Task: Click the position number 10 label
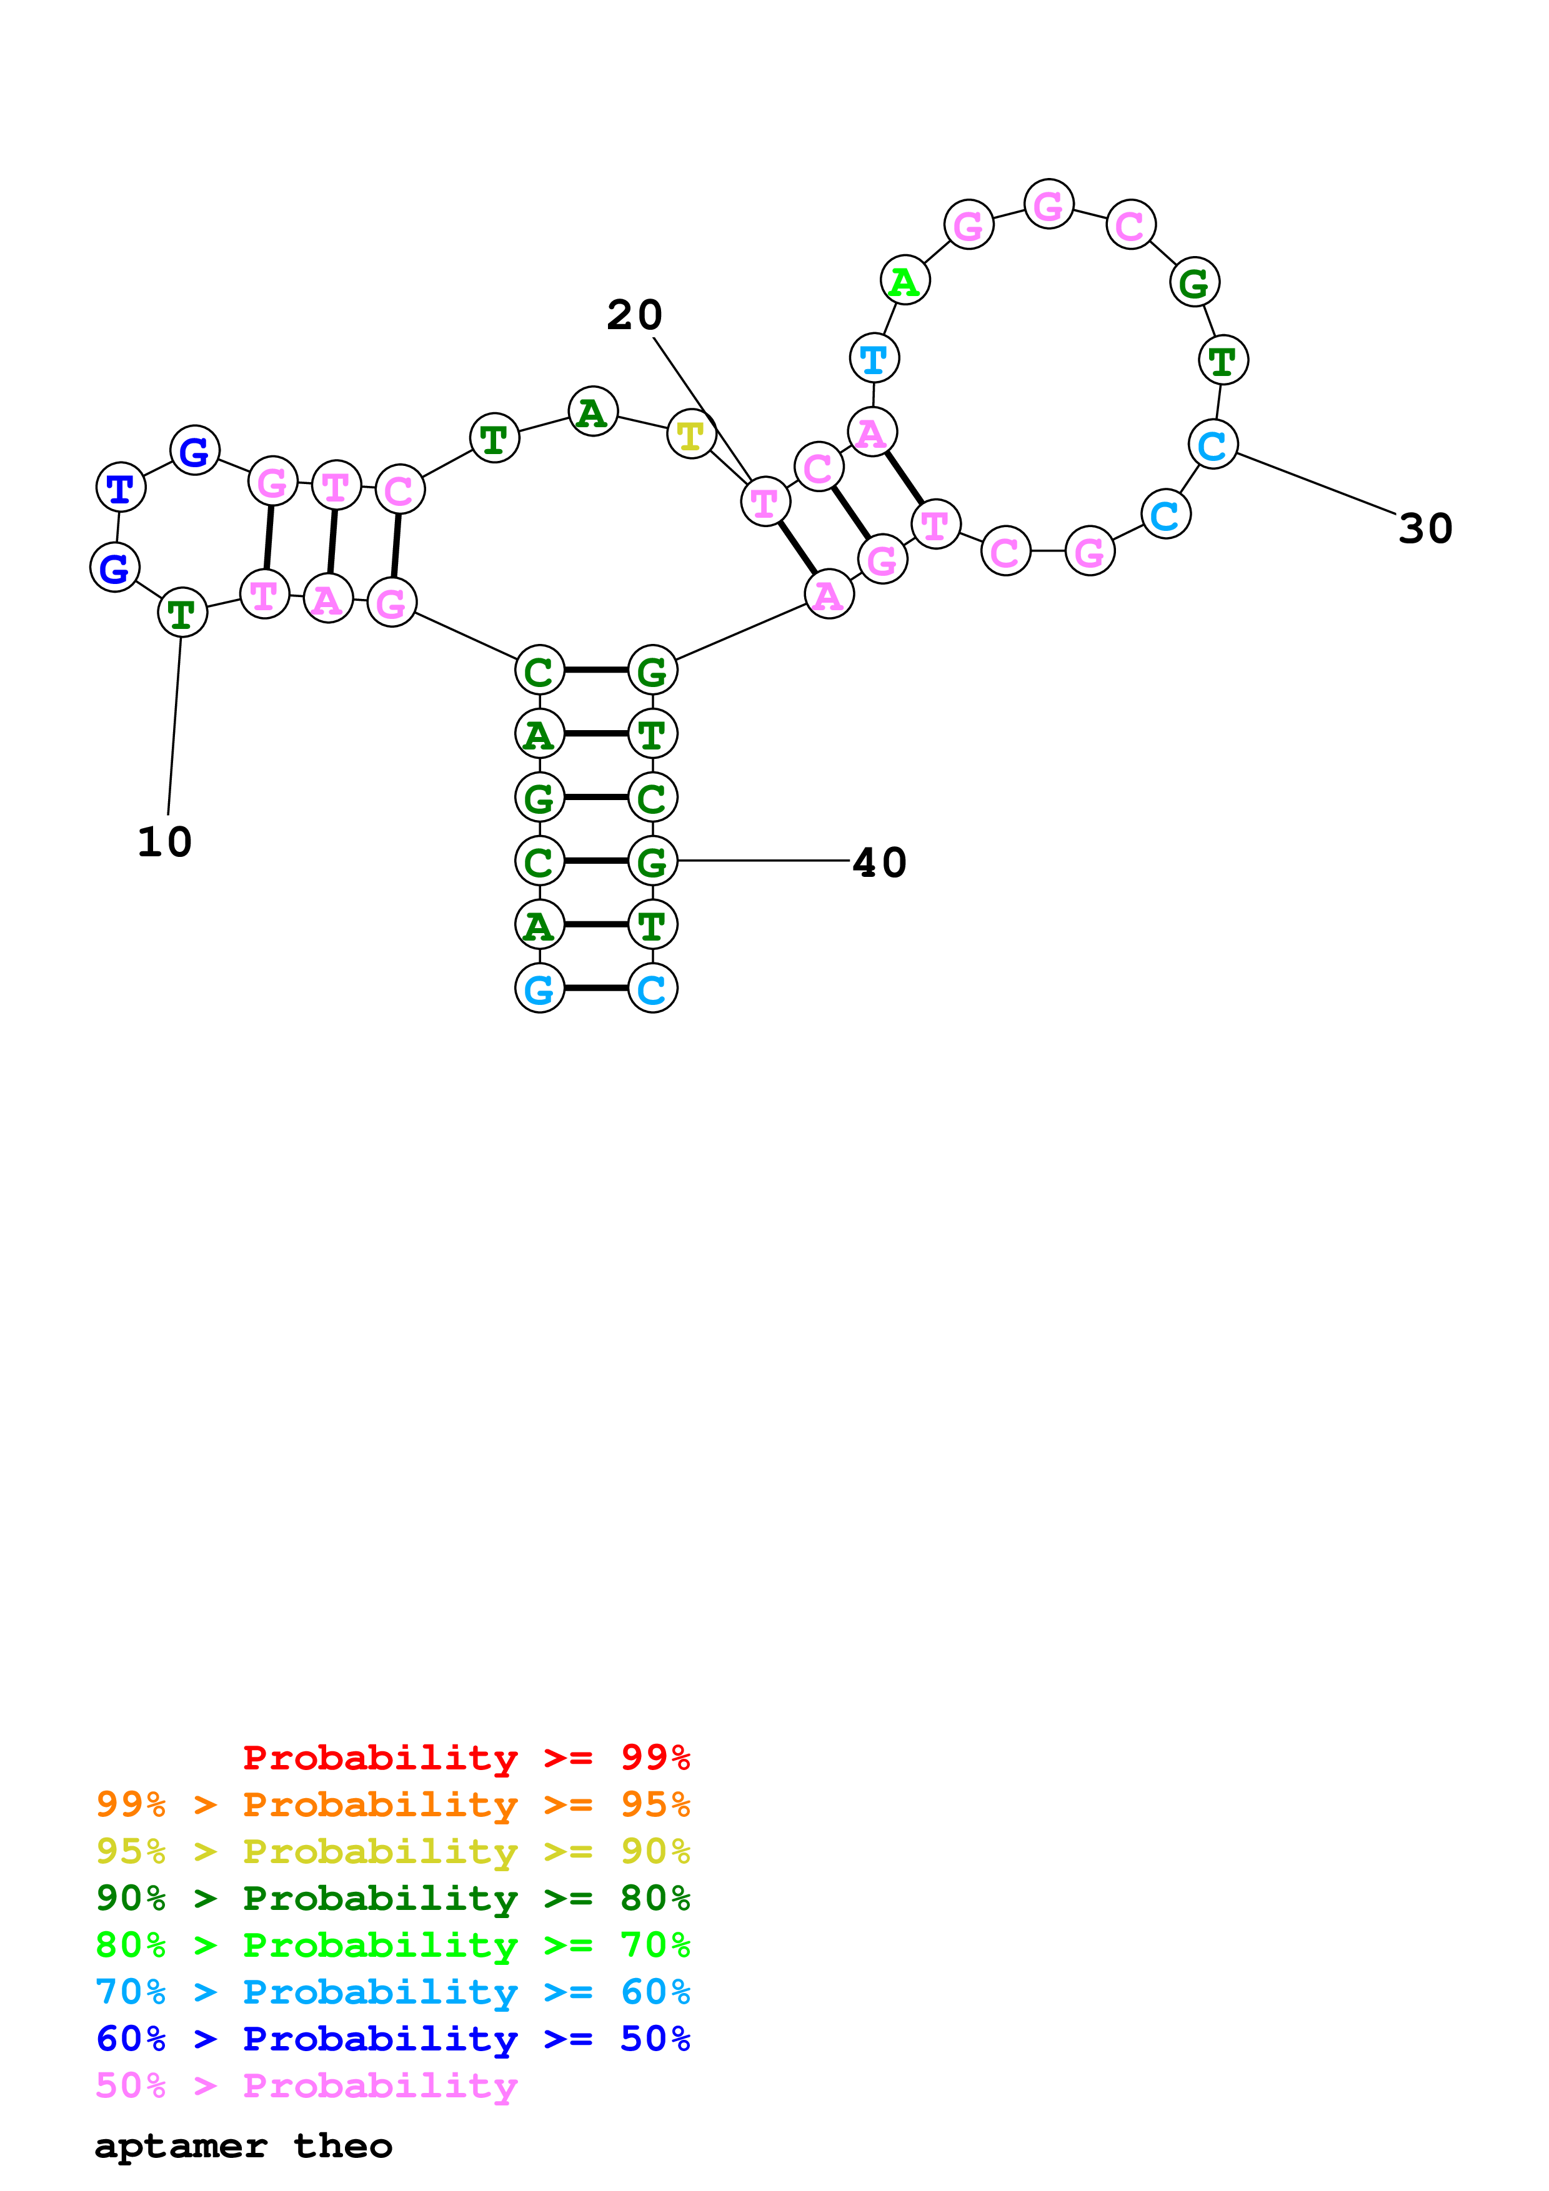[164, 842]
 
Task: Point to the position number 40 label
[879, 863]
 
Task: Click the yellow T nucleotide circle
[691, 435]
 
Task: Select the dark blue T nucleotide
[120, 488]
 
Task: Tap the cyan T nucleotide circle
[874, 359]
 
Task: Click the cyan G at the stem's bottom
[539, 989]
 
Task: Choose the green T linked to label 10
[181, 613]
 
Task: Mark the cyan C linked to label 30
[1212, 445]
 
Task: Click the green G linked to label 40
[653, 862]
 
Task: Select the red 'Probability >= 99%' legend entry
[466, 1757]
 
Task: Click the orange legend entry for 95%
[392, 1804]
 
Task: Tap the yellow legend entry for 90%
[392, 1851]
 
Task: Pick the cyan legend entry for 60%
[392, 1992]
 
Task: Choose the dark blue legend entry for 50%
[392, 2039]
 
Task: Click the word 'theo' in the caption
[342, 2146]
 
